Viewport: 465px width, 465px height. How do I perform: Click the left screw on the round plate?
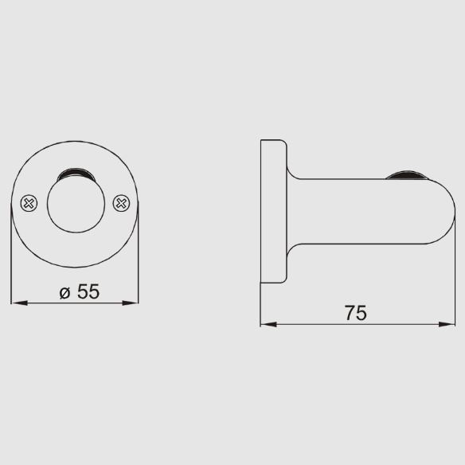(x=29, y=203)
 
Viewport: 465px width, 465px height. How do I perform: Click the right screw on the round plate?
(x=121, y=203)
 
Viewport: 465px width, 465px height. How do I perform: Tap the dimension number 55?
(x=88, y=291)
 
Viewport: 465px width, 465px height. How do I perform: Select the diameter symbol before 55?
(x=64, y=293)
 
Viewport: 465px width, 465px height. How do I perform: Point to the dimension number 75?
(x=356, y=313)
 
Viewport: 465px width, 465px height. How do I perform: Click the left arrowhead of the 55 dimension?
(x=19, y=303)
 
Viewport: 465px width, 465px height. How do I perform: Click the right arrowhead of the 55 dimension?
(x=131, y=303)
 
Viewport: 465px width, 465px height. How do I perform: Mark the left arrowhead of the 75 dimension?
(x=268, y=324)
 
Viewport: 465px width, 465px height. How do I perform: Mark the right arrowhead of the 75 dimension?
(x=447, y=324)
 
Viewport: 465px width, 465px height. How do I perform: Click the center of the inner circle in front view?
(x=76, y=204)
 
